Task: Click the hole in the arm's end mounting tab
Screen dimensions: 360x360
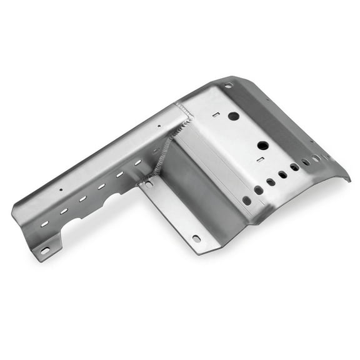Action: pos(44,251)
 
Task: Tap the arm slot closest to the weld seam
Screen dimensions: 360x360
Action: pos(138,162)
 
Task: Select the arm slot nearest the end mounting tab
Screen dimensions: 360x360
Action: pos(45,223)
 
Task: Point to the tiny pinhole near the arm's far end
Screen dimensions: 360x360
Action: pos(61,189)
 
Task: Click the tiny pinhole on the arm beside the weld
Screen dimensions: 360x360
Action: pos(158,126)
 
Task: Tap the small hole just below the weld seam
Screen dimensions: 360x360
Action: pos(149,184)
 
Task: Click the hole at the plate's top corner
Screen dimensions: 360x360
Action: pos(228,85)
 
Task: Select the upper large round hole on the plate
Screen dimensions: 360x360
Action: pos(233,116)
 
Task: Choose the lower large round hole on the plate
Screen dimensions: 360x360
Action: pos(262,146)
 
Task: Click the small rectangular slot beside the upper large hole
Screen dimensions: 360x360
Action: pos(214,114)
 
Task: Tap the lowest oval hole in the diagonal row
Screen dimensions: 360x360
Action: pos(247,201)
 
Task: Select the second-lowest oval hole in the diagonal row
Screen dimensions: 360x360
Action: pos(259,190)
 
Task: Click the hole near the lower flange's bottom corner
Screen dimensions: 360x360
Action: pos(196,238)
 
